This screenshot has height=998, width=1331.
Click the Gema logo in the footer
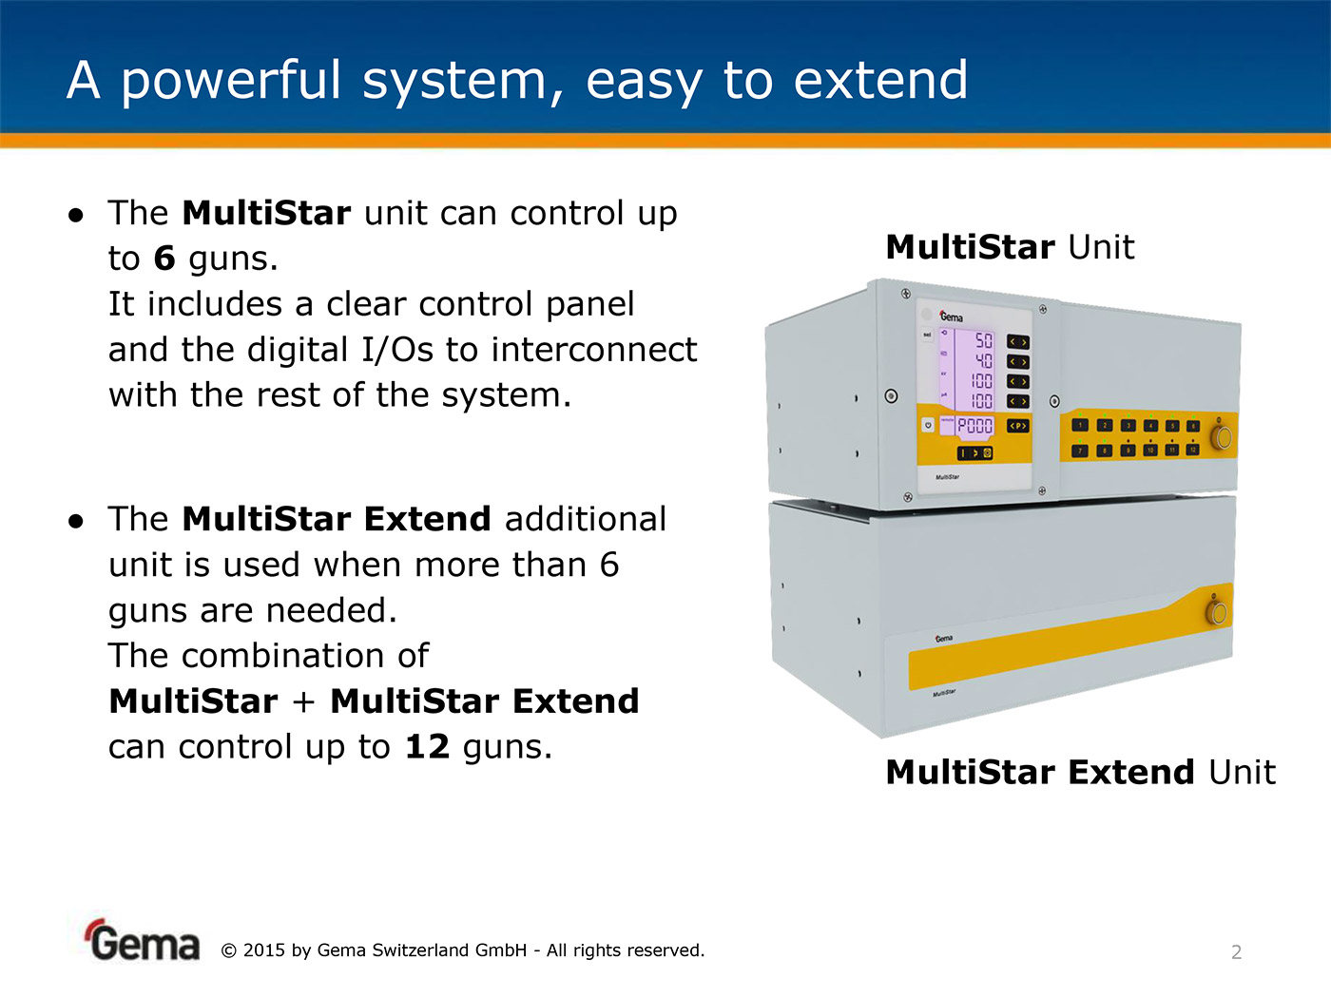(144, 941)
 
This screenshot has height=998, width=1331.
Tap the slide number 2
(1236, 951)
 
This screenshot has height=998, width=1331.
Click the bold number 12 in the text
(427, 747)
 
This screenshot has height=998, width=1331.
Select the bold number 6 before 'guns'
(164, 259)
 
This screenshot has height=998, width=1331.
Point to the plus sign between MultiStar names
(303, 701)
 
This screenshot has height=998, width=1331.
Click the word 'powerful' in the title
(230, 81)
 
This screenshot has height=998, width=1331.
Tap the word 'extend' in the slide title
(880, 81)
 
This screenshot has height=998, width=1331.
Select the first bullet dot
(76, 215)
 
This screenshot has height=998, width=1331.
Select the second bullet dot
(76, 521)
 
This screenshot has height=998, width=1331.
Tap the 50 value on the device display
(983, 340)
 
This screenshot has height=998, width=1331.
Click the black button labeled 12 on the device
(1192, 450)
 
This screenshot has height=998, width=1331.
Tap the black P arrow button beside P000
(1017, 426)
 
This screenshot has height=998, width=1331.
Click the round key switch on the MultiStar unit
(1222, 437)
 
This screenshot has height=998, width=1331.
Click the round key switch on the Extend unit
(1216, 611)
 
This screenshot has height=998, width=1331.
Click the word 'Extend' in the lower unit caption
(1131, 772)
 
